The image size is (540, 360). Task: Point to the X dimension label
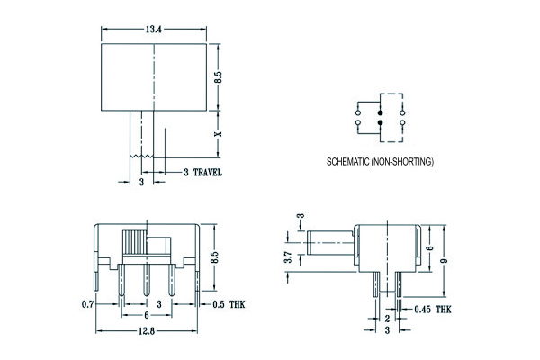(217, 134)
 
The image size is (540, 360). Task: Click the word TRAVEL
(207, 172)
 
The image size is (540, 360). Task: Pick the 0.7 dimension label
(88, 304)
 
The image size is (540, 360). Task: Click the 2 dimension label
(386, 319)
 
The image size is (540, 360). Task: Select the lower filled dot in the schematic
(380, 120)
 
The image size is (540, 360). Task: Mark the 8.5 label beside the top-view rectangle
(217, 79)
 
